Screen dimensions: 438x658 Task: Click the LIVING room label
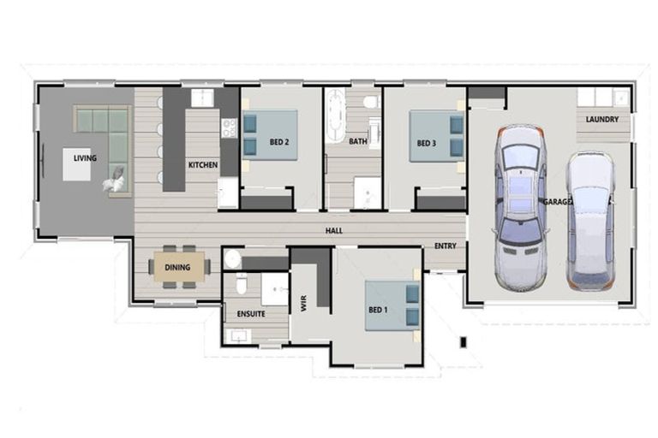click(85, 157)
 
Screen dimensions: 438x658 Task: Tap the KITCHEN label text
click(203, 165)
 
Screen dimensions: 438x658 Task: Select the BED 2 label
click(279, 142)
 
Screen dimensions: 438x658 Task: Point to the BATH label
click(357, 142)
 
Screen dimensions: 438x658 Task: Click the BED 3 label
click(427, 143)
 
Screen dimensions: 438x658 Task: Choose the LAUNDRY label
click(602, 119)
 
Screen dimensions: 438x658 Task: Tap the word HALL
click(334, 231)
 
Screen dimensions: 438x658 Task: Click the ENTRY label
click(446, 246)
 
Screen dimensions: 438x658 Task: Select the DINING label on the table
click(177, 268)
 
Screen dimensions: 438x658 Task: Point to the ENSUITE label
click(250, 314)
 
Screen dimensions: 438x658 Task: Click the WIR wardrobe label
click(304, 301)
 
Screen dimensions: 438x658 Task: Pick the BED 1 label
click(378, 311)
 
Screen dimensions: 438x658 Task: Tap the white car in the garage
click(590, 221)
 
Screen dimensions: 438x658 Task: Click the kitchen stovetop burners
click(229, 128)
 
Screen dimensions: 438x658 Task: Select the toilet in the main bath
click(369, 103)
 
